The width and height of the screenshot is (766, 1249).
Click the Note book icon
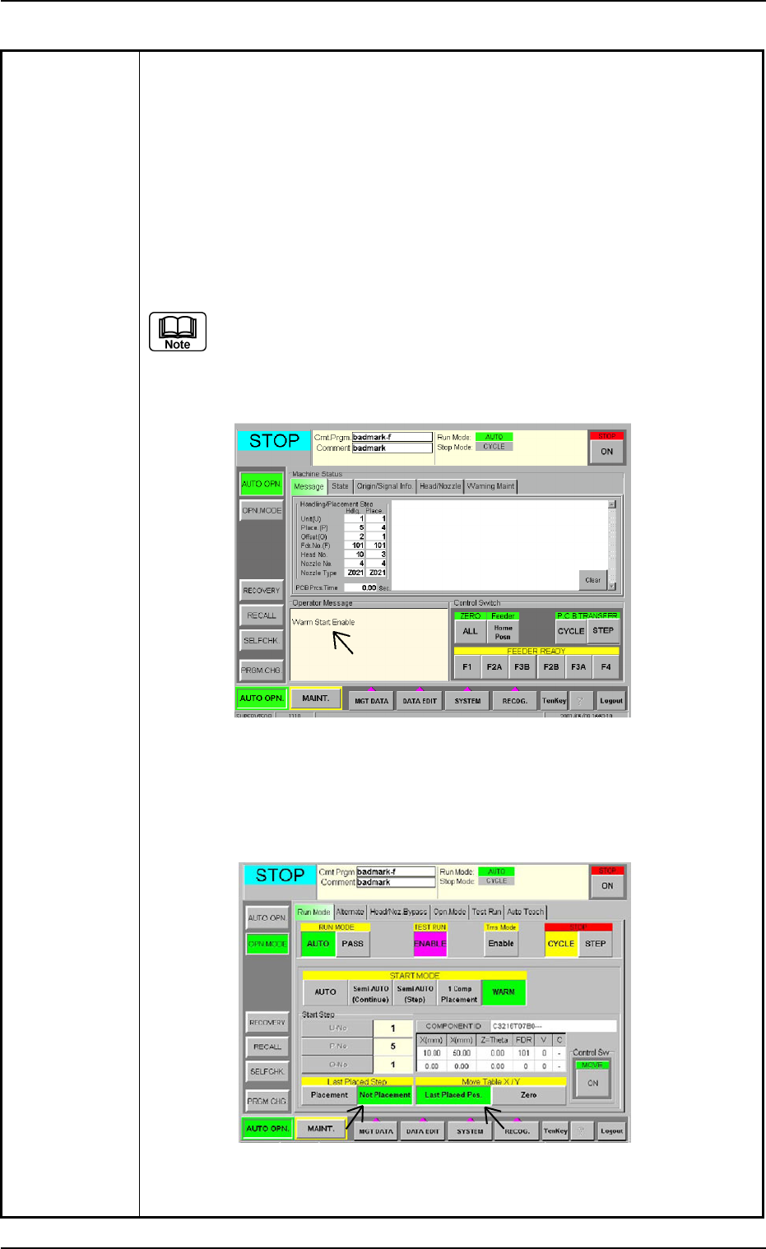tap(178, 332)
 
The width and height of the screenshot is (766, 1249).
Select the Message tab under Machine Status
tap(309, 486)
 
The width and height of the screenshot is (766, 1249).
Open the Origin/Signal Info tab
tap(384, 486)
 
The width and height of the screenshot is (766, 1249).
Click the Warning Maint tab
tap(490, 486)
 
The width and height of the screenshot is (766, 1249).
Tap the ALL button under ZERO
tap(470, 632)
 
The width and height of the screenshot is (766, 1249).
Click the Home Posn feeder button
tap(503, 632)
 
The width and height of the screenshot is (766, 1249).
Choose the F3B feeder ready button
tap(522, 666)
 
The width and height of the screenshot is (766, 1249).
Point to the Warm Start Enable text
tap(323, 622)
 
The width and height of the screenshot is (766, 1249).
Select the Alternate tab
tap(350, 912)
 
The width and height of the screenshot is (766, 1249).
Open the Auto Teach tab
tap(525, 912)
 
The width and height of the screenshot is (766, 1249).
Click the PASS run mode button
tap(352, 944)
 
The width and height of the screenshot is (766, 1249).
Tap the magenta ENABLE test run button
tap(429, 944)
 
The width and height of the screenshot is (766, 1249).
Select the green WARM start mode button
tap(504, 992)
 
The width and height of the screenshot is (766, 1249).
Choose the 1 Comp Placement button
tap(459, 994)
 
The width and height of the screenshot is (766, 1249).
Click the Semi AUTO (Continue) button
tap(370, 994)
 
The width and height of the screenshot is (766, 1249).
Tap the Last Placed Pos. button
tap(453, 1095)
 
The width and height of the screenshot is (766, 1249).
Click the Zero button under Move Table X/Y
tap(528, 1095)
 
